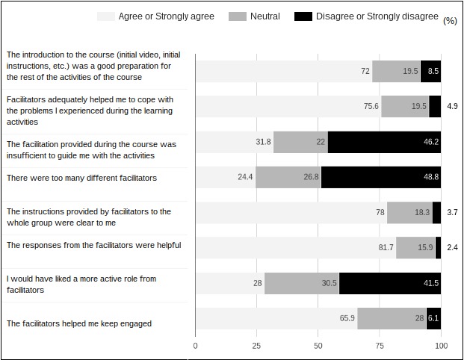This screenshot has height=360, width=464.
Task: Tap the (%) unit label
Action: (450, 21)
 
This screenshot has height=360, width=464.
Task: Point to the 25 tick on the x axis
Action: (256, 346)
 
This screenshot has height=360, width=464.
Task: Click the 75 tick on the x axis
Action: (380, 346)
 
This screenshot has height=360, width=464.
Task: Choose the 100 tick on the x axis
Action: (441, 346)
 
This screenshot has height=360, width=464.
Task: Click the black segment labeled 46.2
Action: (384, 141)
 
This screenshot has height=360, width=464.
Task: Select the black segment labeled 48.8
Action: (381, 177)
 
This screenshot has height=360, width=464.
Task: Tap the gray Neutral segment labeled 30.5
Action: (302, 283)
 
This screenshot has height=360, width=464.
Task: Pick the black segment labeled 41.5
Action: (390, 283)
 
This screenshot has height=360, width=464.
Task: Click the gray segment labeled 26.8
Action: (288, 177)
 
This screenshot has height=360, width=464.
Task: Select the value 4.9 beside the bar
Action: (451, 106)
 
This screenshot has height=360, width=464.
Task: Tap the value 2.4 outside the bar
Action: (451, 247)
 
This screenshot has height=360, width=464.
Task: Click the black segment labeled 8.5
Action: (430, 71)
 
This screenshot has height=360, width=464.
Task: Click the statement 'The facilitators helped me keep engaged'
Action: (78, 323)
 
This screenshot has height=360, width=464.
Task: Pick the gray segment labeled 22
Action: (300, 141)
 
